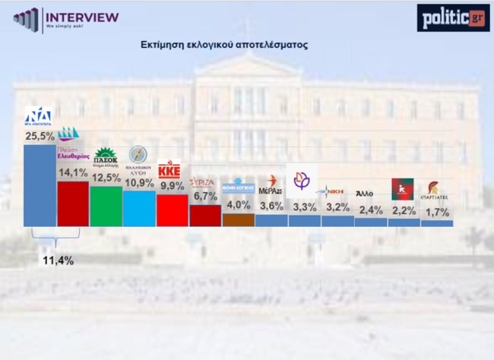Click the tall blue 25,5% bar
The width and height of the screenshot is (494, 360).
click(x=40, y=185)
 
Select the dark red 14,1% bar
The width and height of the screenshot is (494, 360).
click(x=73, y=204)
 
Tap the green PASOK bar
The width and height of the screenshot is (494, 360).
click(x=106, y=206)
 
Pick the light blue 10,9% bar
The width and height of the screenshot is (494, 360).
click(x=139, y=208)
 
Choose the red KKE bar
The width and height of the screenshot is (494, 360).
click(x=172, y=210)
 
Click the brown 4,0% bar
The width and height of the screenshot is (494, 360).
click(x=238, y=220)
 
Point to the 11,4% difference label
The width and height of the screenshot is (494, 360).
click(x=57, y=261)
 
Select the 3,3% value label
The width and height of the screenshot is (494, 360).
click(x=305, y=207)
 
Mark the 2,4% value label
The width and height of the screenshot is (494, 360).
click(x=371, y=210)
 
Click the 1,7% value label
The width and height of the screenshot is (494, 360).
click(x=438, y=212)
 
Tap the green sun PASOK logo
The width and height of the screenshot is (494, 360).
click(x=105, y=153)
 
